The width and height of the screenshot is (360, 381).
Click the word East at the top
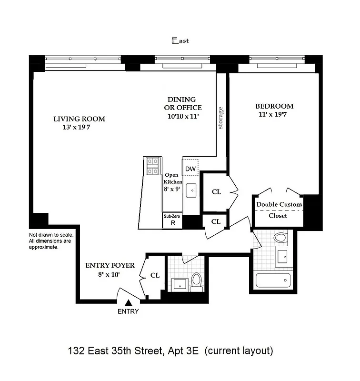point(180,41)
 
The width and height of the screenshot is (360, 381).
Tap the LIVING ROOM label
point(79,119)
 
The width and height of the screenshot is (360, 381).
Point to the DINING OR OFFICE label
point(180,103)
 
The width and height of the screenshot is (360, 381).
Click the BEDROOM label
point(274,106)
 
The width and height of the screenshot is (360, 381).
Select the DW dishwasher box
point(190,169)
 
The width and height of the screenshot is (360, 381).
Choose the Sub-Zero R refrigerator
point(172,221)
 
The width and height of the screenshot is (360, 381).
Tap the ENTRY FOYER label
point(110,265)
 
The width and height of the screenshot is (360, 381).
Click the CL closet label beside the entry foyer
point(155,275)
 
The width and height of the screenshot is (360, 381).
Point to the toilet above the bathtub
point(281,237)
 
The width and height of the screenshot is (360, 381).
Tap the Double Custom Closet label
point(279,210)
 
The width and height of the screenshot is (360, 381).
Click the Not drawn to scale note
point(51,241)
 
